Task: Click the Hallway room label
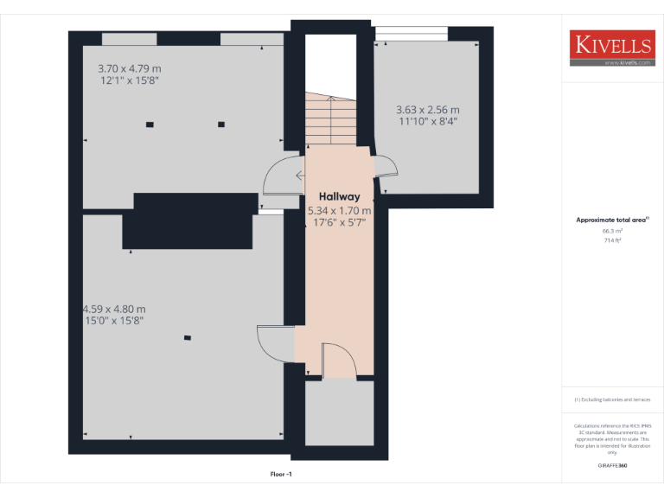339,197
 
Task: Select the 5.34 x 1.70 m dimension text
340,210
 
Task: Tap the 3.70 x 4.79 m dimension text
130,67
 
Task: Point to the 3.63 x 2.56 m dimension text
427,110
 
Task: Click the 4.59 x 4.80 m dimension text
114,309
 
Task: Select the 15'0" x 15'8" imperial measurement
113,321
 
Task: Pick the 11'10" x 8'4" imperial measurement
427,122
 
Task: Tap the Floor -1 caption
282,475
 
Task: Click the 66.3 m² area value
612,231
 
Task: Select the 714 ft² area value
612,240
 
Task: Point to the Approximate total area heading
611,220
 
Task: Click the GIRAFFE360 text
612,466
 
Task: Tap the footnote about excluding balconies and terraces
612,399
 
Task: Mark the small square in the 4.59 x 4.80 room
186,338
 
